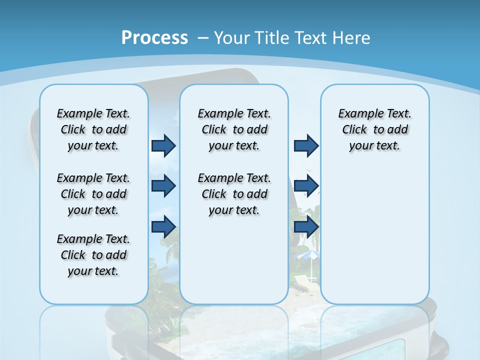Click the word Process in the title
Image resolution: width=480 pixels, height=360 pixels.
pyautogui.click(x=154, y=38)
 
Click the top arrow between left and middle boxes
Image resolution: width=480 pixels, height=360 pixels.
pyautogui.click(x=163, y=145)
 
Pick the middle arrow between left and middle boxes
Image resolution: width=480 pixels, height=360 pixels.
pyautogui.click(x=163, y=186)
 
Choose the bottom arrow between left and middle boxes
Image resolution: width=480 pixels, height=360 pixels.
pyautogui.click(x=163, y=227)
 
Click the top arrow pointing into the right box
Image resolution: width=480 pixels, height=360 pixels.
pyautogui.click(x=306, y=145)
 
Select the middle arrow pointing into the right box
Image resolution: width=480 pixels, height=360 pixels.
pyautogui.click(x=306, y=186)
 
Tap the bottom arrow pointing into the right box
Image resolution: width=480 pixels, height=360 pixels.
pyautogui.click(x=306, y=227)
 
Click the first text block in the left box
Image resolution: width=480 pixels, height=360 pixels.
pyautogui.click(x=93, y=129)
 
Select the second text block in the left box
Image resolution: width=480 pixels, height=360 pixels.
pyautogui.click(x=93, y=194)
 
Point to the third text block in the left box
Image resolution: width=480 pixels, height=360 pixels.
pyautogui.click(x=93, y=255)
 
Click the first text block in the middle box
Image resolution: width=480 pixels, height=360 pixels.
pyautogui.click(x=234, y=129)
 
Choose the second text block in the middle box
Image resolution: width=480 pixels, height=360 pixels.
pyautogui.click(x=234, y=194)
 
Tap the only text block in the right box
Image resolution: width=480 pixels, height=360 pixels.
pyautogui.click(x=374, y=129)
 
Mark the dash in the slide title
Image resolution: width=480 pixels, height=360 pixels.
pyautogui.click(x=203, y=38)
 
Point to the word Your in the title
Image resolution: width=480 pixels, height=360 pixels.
pyautogui.click(x=232, y=38)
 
